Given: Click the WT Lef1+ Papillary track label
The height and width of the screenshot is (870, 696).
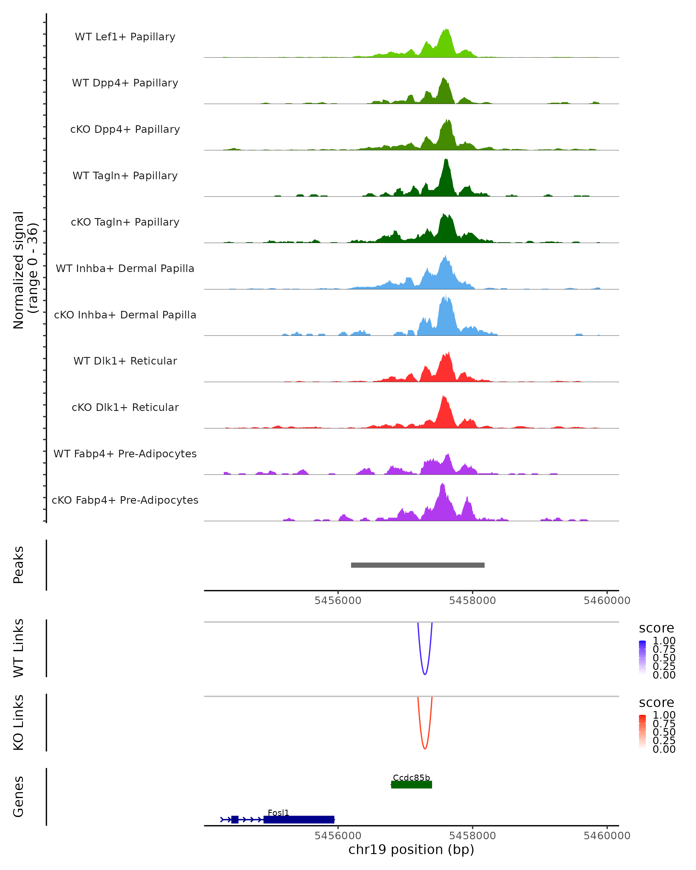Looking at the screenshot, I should [125, 37].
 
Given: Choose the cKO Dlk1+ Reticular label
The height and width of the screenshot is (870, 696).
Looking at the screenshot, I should [125, 407].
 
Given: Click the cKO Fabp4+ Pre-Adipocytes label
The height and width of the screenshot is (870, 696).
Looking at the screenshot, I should [125, 500].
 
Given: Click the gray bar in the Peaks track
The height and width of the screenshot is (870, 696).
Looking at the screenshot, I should [418, 565].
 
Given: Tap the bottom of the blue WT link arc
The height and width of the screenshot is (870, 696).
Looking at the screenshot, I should [425, 674].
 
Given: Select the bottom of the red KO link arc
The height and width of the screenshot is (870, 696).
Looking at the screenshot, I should [425, 748].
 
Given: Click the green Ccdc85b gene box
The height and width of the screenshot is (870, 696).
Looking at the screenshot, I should [412, 784].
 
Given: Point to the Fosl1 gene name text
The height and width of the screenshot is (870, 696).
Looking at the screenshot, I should [278, 813].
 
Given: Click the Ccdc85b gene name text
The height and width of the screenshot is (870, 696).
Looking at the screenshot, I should [412, 777].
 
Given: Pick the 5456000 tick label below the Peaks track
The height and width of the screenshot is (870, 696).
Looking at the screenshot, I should [338, 601].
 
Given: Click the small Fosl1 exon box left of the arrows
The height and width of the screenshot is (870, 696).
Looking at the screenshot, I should [235, 820].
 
